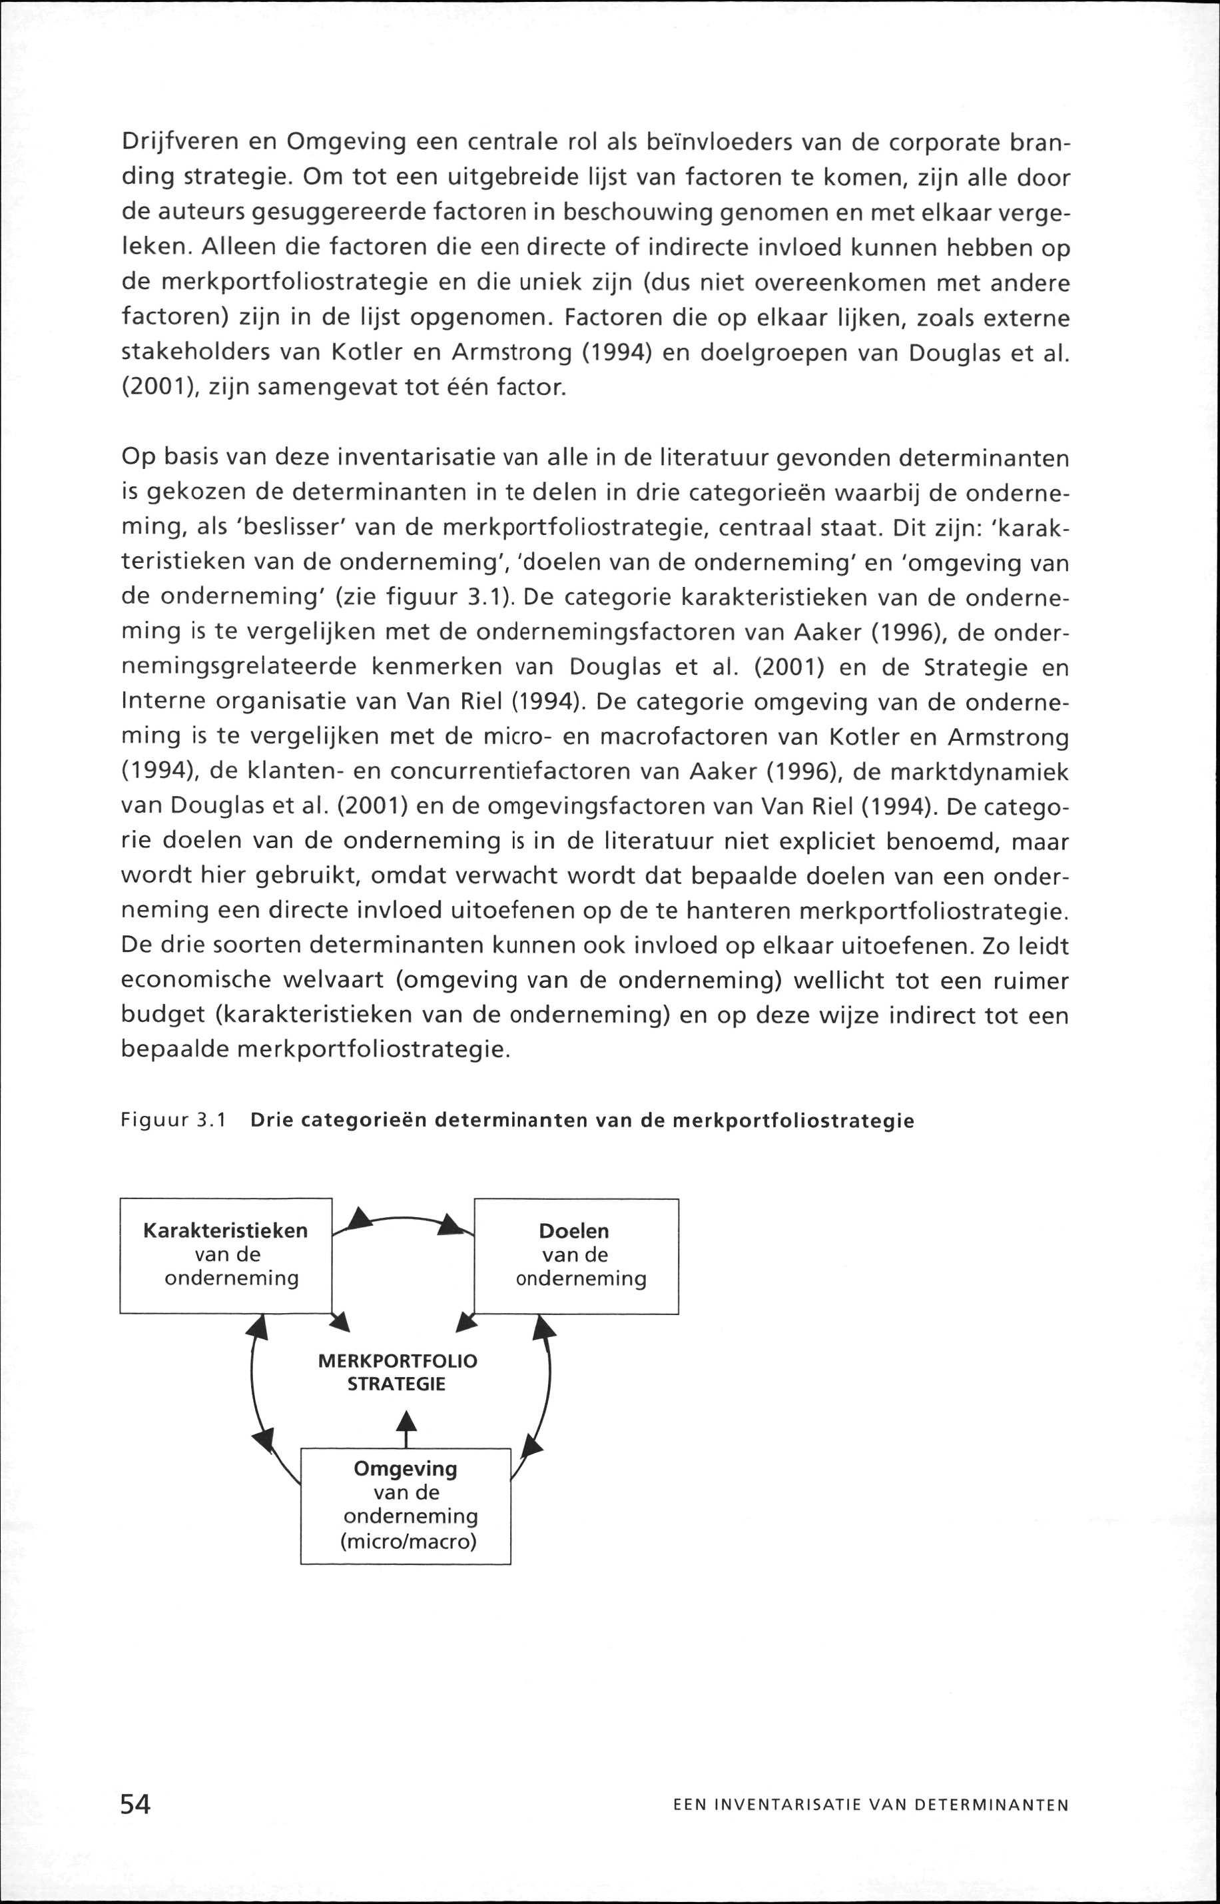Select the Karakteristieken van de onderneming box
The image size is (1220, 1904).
coord(226,1255)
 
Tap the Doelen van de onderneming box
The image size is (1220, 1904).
coord(576,1256)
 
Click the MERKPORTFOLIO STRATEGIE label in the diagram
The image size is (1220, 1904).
coord(398,1372)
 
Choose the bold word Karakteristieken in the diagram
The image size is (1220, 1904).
coord(225,1230)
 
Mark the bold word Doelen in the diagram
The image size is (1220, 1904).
coord(573,1231)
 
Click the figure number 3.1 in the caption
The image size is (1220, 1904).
coord(210,1121)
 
